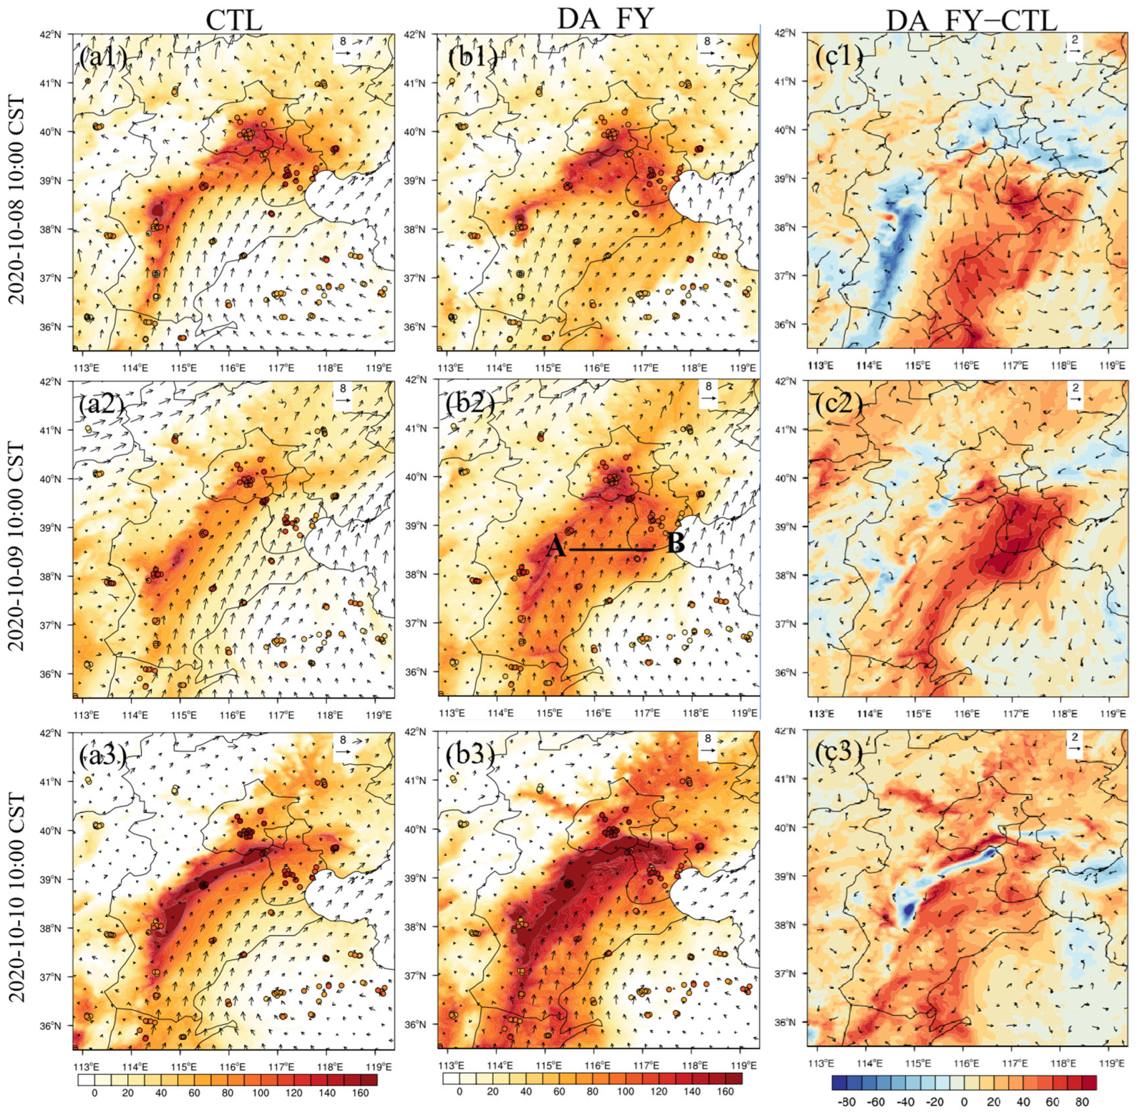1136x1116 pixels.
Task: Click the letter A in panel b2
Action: (x=556, y=548)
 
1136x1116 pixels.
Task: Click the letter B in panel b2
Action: (x=676, y=545)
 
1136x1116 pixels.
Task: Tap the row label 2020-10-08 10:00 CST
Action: (x=18, y=199)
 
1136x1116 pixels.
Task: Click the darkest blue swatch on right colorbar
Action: (x=840, y=1082)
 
